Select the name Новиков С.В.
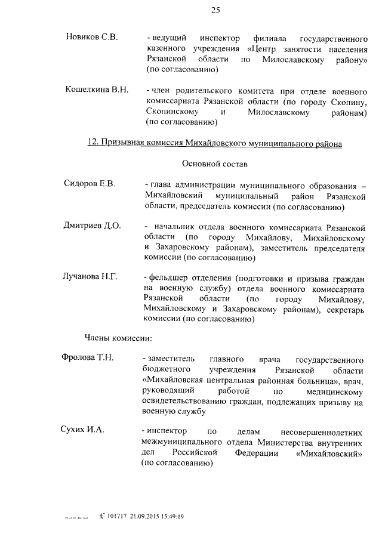click(x=91, y=37)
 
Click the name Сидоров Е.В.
click(x=90, y=183)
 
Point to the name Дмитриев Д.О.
click(x=92, y=226)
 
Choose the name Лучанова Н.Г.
click(x=91, y=276)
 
